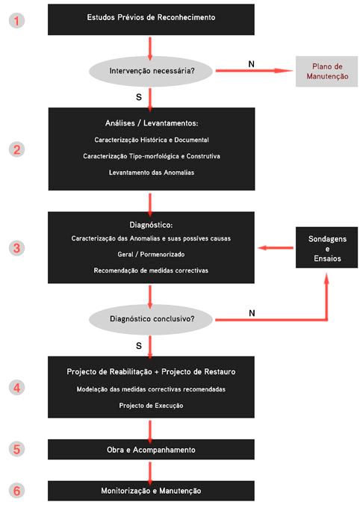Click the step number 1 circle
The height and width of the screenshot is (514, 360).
click(16, 21)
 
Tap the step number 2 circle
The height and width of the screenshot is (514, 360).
click(16, 150)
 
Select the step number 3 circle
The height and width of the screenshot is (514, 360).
click(16, 248)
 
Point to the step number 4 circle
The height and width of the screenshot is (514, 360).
click(16, 388)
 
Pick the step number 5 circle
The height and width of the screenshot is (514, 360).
click(16, 449)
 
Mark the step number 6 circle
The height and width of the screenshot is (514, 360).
click(16, 491)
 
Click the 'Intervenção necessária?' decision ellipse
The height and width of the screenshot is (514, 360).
click(151, 71)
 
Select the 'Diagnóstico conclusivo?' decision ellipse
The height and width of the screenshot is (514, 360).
click(151, 319)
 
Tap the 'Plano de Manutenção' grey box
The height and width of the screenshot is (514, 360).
click(326, 72)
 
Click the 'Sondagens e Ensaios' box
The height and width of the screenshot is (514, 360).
click(326, 247)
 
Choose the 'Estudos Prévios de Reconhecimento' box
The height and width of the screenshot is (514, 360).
click(151, 19)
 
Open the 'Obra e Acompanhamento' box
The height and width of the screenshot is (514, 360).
click(151, 450)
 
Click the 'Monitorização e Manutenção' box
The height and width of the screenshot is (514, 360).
click(151, 491)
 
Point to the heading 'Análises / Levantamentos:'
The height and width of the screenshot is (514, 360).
click(152, 123)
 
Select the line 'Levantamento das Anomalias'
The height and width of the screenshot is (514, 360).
click(152, 173)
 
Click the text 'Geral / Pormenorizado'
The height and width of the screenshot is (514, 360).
click(151, 254)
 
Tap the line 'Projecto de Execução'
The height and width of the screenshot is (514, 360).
click(151, 406)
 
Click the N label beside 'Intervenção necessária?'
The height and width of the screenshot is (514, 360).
click(251, 64)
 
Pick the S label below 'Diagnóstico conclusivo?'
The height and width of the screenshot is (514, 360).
click(139, 346)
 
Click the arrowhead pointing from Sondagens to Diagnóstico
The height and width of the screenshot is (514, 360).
click(262, 248)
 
